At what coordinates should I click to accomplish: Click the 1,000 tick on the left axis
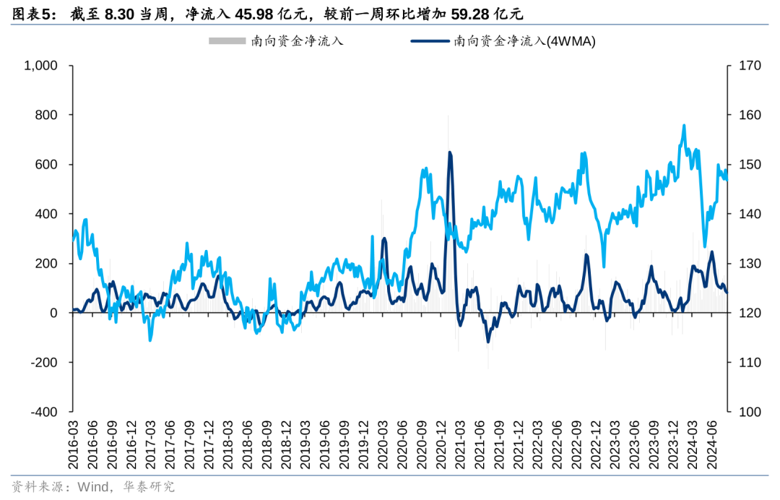tap(40, 66)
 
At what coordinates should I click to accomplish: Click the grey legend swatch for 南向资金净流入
tap(227, 41)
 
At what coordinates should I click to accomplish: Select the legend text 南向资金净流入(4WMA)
tap(524, 41)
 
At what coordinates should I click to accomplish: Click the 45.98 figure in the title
tap(255, 14)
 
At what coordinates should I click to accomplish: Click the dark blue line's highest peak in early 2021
tap(450, 152)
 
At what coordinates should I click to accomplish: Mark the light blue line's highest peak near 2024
tap(683, 126)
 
